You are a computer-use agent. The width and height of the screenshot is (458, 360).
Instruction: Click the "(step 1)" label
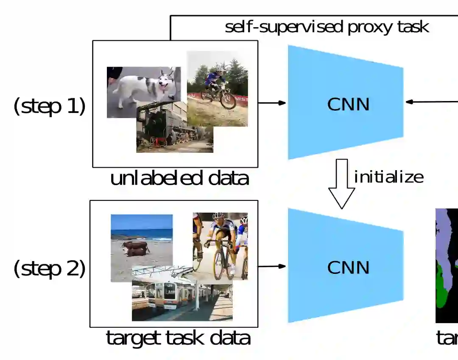(50, 106)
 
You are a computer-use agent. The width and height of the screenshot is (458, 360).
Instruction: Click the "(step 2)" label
(50, 269)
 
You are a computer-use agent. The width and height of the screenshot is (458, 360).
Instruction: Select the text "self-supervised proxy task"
(327, 27)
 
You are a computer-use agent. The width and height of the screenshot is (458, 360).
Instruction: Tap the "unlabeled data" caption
(179, 179)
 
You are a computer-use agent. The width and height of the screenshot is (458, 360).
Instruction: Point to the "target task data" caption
(178, 338)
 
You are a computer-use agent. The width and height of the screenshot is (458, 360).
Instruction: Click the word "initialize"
(388, 177)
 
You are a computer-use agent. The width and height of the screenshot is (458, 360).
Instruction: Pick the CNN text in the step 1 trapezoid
(348, 104)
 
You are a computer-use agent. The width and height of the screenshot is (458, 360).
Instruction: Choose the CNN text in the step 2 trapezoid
(348, 267)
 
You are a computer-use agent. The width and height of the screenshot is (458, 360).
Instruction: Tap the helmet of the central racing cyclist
(218, 216)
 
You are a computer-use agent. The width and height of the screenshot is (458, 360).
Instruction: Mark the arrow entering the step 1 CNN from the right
(430, 102)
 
